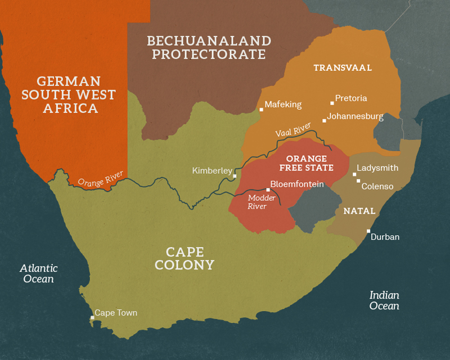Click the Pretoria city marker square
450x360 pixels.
coord(331,103)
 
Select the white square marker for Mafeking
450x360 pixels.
coord(261,110)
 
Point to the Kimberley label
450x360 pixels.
coord(212,170)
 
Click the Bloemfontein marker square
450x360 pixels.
coord(268,190)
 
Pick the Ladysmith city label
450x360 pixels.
coord(377,168)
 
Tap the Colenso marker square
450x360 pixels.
coord(358,181)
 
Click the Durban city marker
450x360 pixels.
coord(368,231)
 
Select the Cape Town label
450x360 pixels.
coord(115,313)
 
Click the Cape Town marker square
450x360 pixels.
coord(92,318)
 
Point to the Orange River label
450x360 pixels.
coord(100,179)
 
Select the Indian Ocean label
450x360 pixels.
coord(384,300)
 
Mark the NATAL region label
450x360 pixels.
coord(359,211)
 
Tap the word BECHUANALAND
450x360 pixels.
coord(209,41)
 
